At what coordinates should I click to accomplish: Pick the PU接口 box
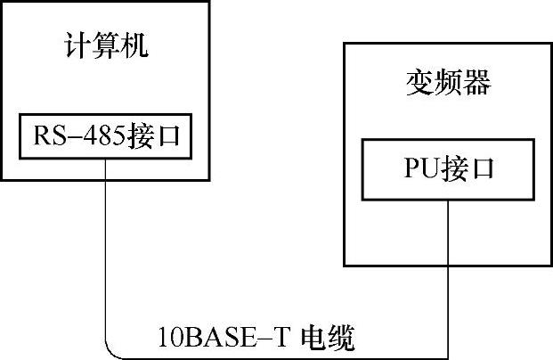(x=448, y=168)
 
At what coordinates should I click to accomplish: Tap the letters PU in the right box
(x=419, y=168)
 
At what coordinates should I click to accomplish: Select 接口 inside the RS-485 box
(x=154, y=137)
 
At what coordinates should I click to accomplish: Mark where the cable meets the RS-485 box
(x=105, y=158)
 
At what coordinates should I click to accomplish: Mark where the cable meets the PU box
(x=449, y=199)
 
